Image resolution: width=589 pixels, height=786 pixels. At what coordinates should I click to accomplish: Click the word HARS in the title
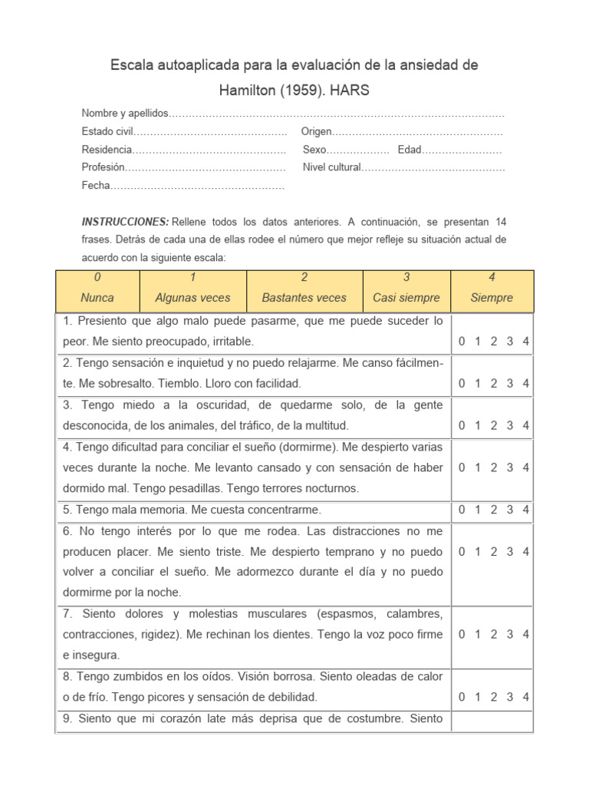point(350,91)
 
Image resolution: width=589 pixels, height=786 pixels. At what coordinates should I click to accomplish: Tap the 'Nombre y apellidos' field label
point(124,113)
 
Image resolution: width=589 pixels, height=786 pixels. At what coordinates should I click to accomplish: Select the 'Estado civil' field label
point(107,131)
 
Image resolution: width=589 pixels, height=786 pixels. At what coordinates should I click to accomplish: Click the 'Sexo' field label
point(314,150)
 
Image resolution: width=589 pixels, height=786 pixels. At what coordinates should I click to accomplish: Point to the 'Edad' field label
point(410,150)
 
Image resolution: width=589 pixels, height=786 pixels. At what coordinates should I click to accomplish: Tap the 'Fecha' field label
point(96,186)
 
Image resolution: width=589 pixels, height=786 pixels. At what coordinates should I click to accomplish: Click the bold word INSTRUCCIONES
point(125,221)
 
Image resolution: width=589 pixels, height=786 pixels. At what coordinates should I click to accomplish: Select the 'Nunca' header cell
point(97,298)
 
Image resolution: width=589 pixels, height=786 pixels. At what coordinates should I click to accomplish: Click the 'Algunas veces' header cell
point(192,298)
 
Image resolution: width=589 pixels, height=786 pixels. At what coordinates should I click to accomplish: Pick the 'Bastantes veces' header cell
point(304,298)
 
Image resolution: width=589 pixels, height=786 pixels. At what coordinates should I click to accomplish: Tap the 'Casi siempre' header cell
point(406,298)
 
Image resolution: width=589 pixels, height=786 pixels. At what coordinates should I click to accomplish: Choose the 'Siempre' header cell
point(492,298)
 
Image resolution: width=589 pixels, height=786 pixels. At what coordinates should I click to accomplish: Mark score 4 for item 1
point(525,342)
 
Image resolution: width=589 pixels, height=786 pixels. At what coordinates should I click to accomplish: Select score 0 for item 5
point(462,510)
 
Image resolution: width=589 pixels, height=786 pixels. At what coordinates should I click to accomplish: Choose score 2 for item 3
point(494,425)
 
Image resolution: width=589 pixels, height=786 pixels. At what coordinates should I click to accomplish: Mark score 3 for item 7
point(510,634)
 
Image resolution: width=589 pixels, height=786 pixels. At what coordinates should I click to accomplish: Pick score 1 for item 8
point(477,697)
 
